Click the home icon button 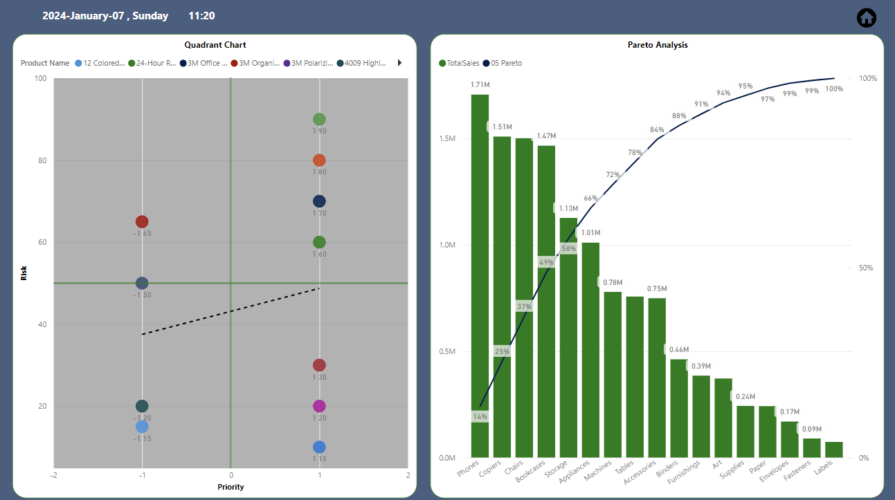pos(866,18)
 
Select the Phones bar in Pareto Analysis pos(480,276)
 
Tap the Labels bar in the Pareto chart pos(834,450)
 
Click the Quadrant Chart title pos(215,45)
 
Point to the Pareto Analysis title pos(658,45)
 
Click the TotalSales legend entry pos(459,63)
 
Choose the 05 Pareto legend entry pos(503,63)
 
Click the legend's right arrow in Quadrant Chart pos(399,63)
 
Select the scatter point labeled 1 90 pos(319,120)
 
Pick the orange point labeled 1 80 pos(319,160)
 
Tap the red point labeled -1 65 pos(142,221)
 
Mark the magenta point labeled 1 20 pos(319,406)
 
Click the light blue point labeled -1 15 pos(142,427)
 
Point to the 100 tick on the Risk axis pos(40,78)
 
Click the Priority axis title pos(230,487)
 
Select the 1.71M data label pos(480,84)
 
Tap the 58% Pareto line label pos(568,248)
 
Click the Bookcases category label pos(530,471)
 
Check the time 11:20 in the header pos(202,16)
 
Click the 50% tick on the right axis pos(866,268)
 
